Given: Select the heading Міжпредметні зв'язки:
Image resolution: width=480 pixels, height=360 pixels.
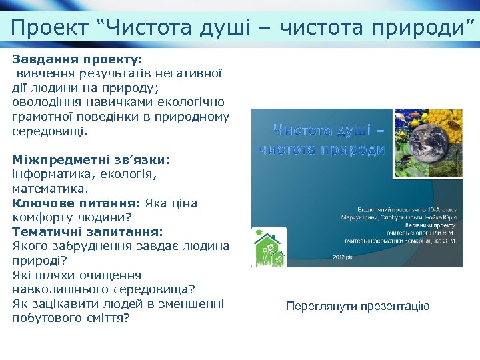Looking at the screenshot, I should pyautogui.click(x=91, y=160).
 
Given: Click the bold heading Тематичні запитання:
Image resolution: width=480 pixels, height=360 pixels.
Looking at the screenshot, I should pyautogui.click(x=87, y=232).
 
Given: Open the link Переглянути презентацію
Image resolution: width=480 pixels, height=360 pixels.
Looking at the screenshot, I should pyautogui.click(x=357, y=307).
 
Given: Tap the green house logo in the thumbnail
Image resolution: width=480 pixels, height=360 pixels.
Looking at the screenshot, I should pyautogui.click(x=269, y=248).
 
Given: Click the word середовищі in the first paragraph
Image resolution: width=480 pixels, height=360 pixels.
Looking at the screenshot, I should pyautogui.click(x=49, y=131).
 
